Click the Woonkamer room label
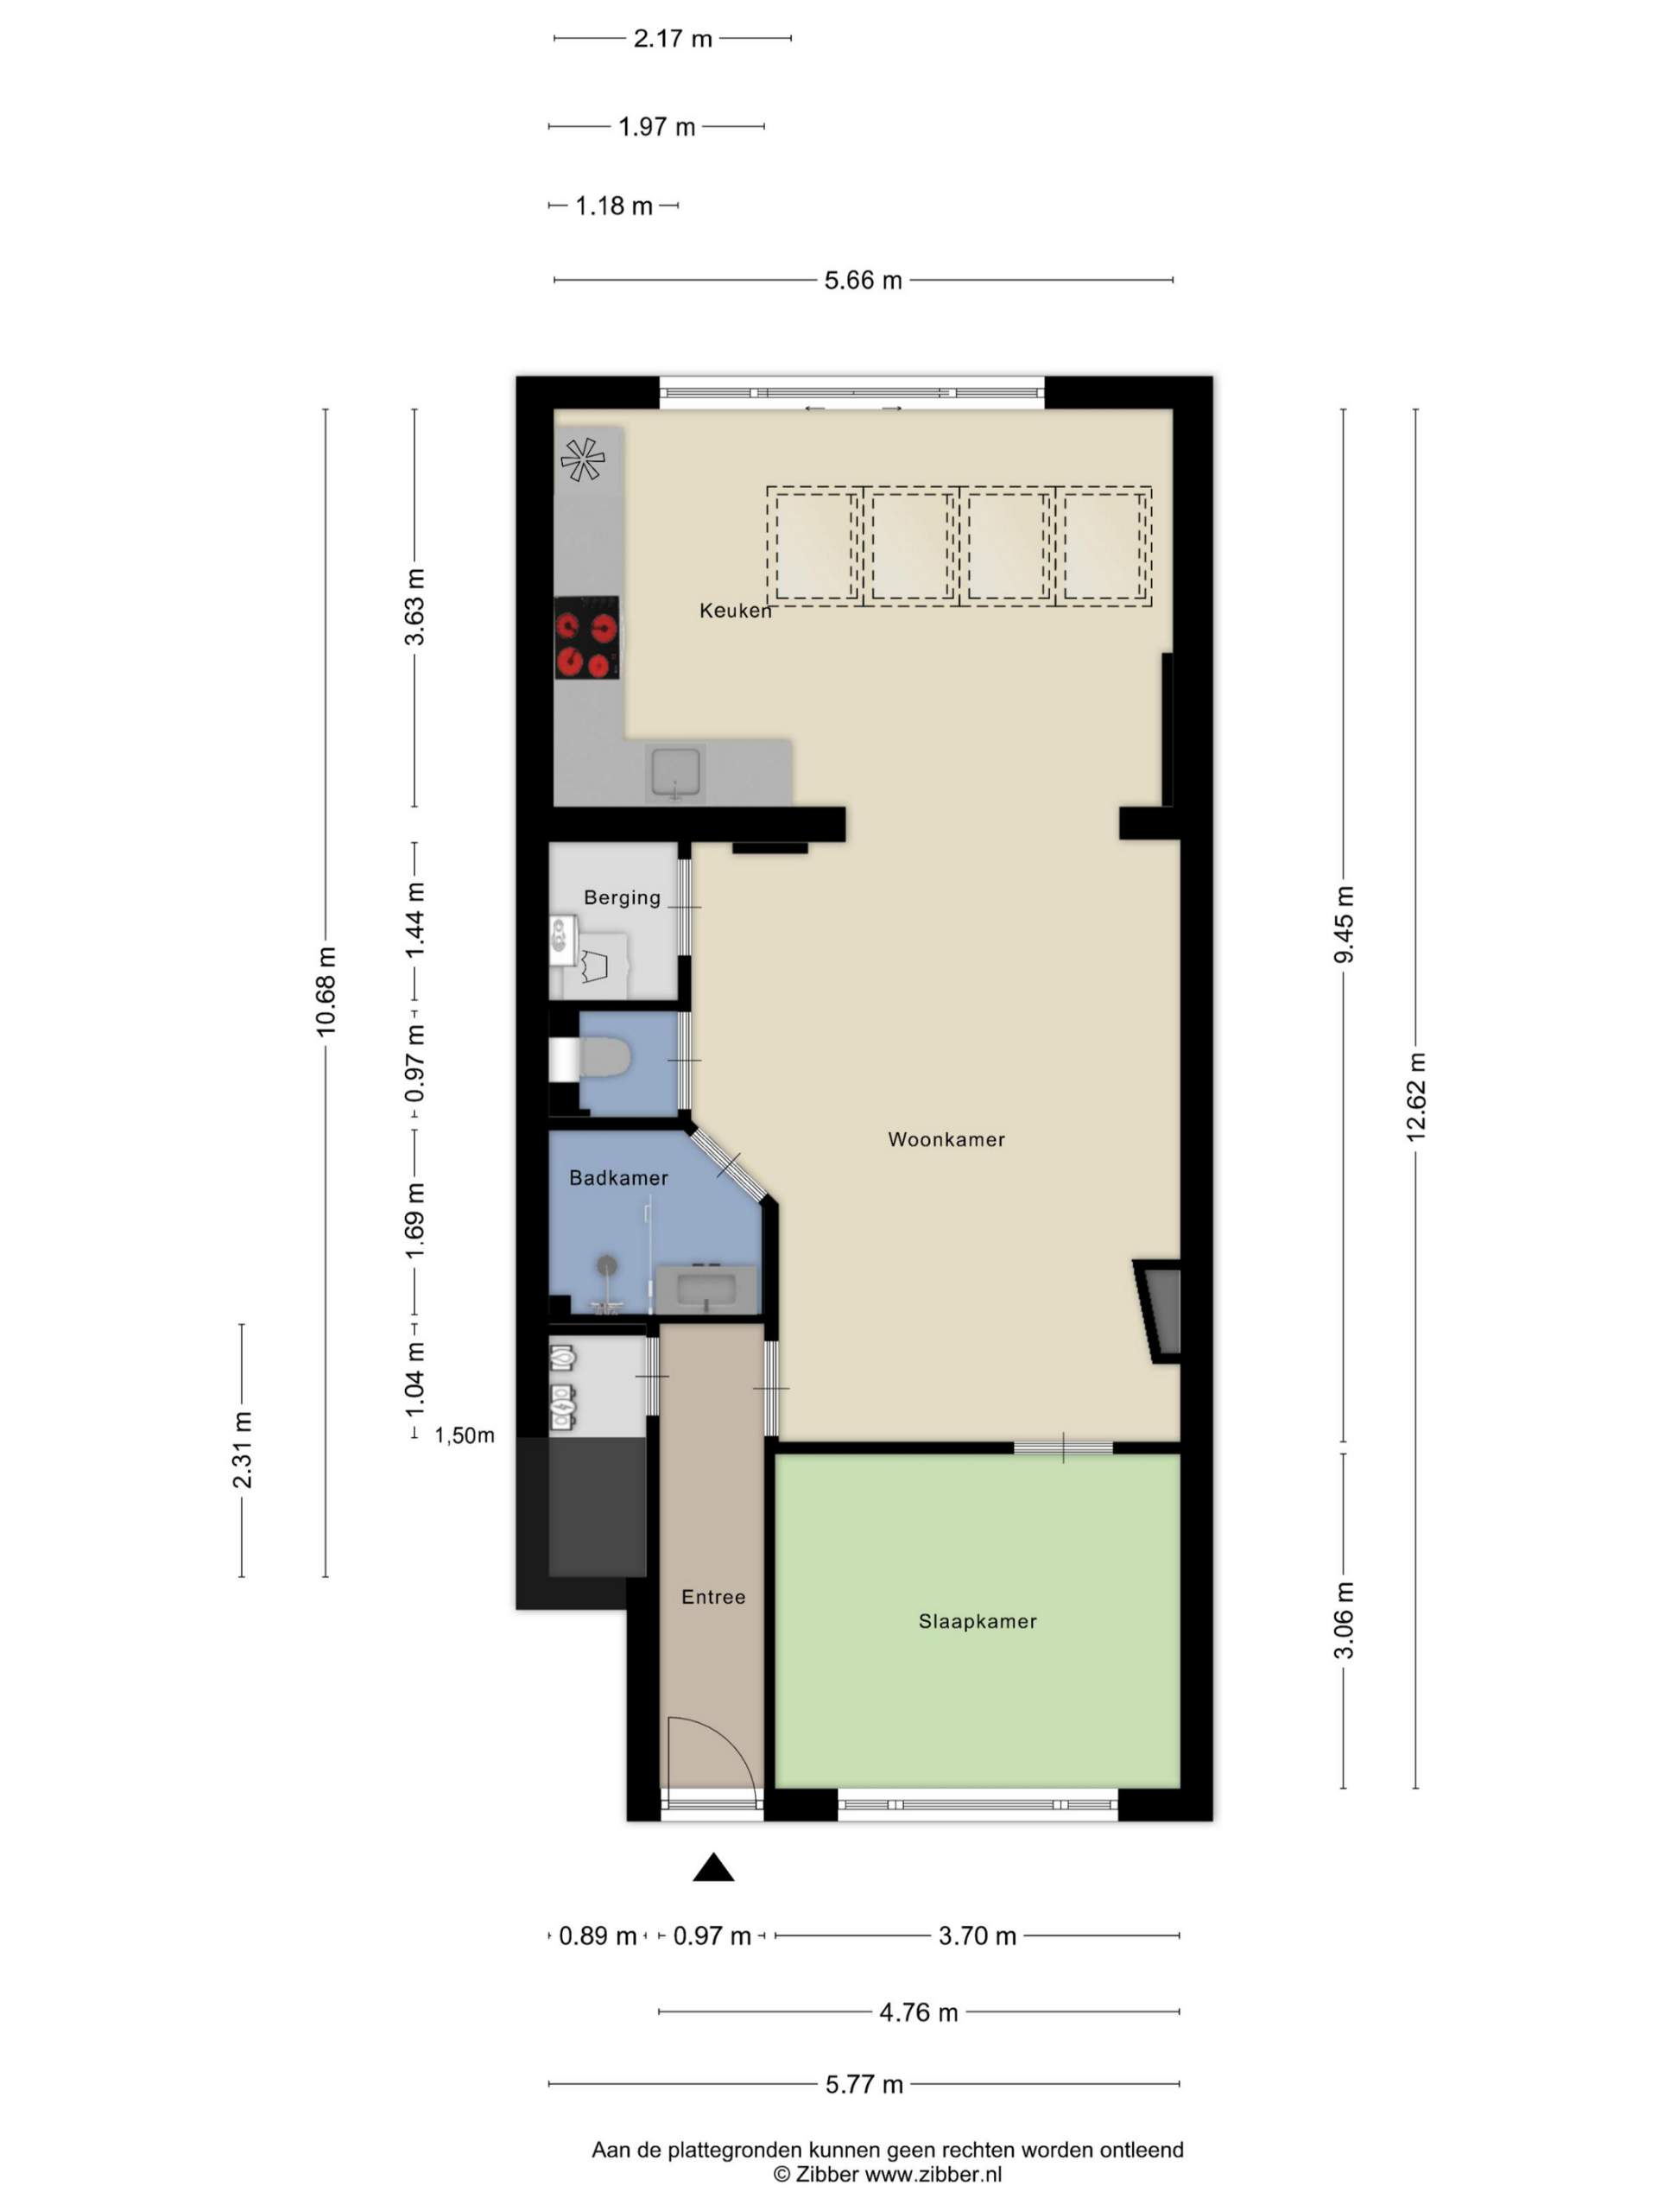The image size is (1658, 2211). pyautogui.click(x=946, y=1138)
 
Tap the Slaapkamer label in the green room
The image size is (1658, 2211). pyautogui.click(x=978, y=1621)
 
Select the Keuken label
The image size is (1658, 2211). pyautogui.click(x=736, y=610)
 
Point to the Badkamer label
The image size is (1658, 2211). pyautogui.click(x=618, y=1177)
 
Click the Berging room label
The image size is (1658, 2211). pyautogui.click(x=622, y=897)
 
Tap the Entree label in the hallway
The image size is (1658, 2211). pyautogui.click(x=713, y=1596)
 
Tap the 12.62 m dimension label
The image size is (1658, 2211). pyautogui.click(x=1416, y=1097)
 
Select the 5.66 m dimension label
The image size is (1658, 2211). pyautogui.click(x=863, y=280)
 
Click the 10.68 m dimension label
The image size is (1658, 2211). pyautogui.click(x=326, y=991)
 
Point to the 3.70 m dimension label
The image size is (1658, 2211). pyautogui.click(x=977, y=1936)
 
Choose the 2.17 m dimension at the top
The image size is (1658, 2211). pyautogui.click(x=673, y=39)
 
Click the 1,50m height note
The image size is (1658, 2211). pyautogui.click(x=464, y=1436)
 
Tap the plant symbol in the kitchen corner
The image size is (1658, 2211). pyautogui.click(x=583, y=459)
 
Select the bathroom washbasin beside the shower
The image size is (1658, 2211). pyautogui.click(x=706, y=1289)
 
